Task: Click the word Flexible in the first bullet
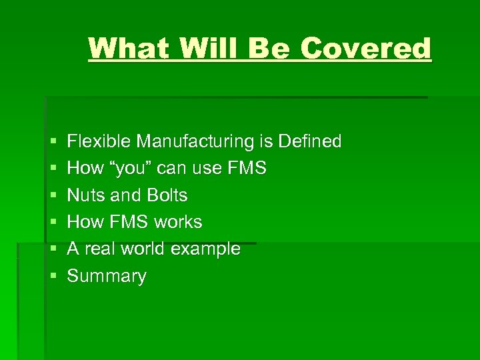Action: [100, 141]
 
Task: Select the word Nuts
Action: [85, 195]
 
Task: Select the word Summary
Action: [107, 276]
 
